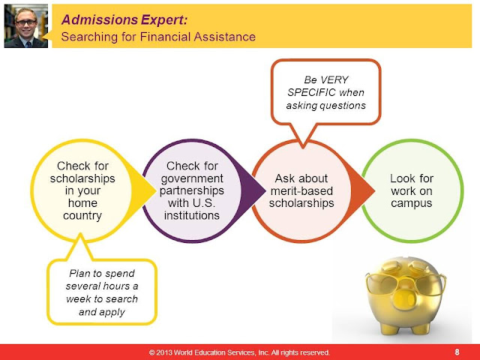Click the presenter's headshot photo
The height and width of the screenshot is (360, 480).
(26, 26)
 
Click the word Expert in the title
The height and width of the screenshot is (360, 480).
(163, 20)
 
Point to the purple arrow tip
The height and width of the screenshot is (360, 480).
(265, 190)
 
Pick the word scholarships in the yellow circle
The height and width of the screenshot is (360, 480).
(82, 178)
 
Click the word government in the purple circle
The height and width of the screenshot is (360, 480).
(192, 178)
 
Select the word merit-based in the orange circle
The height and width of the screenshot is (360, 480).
(301, 191)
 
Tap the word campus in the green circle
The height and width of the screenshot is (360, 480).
(412, 203)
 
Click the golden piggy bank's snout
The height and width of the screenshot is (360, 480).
(405, 298)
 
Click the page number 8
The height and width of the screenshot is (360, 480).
(457, 352)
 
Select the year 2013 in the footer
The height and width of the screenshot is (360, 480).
(163, 352)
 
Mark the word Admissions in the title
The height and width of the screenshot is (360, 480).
(100, 20)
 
